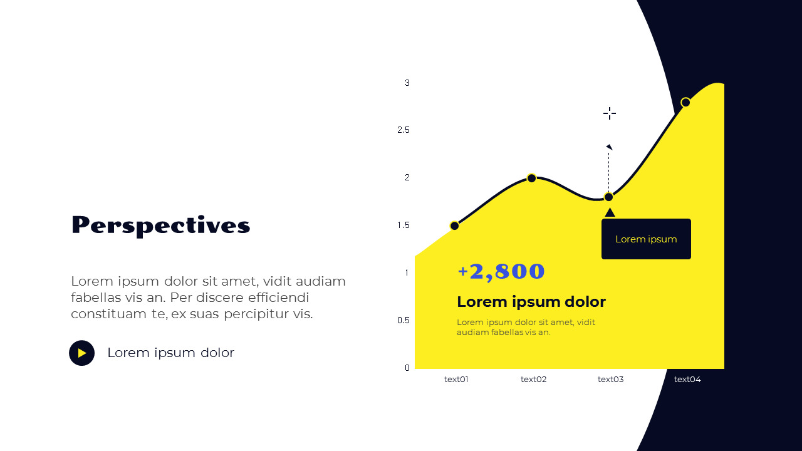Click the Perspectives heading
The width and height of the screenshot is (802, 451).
pyautogui.click(x=160, y=225)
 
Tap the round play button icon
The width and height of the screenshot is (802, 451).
pyautogui.click(x=81, y=353)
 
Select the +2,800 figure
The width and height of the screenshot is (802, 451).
pyautogui.click(x=501, y=271)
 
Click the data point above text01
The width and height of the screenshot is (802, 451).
pyautogui.click(x=455, y=225)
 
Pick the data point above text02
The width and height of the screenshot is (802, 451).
pyautogui.click(x=531, y=178)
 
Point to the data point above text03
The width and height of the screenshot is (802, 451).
pyautogui.click(x=608, y=197)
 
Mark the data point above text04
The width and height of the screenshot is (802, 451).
pyautogui.click(x=685, y=103)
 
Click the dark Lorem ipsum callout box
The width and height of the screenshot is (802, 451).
pyautogui.click(x=646, y=239)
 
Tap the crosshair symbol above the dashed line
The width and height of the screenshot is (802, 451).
pyautogui.click(x=610, y=113)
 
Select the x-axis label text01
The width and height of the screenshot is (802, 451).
pyautogui.click(x=456, y=379)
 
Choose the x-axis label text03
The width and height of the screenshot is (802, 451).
pyautogui.click(x=610, y=379)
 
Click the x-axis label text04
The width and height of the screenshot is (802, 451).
pyautogui.click(x=687, y=379)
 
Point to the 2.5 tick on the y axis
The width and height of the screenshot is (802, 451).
pyautogui.click(x=403, y=130)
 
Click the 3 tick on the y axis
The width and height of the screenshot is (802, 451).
pyautogui.click(x=407, y=83)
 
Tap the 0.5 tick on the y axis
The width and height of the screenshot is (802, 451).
pyautogui.click(x=403, y=320)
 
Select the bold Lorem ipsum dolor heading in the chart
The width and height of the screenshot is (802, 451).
pyautogui.click(x=531, y=302)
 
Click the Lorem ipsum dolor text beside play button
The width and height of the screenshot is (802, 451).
pyautogui.click(x=170, y=353)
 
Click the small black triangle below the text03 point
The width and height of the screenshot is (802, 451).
pyautogui.click(x=610, y=212)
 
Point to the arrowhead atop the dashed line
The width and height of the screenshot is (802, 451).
pyautogui.click(x=609, y=147)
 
